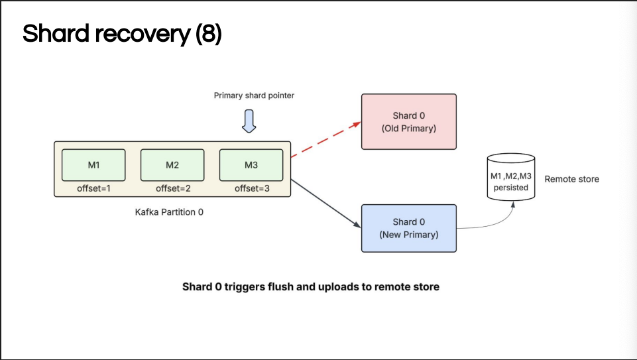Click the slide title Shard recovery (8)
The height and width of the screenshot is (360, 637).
(x=122, y=33)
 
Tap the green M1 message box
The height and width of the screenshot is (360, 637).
(x=93, y=165)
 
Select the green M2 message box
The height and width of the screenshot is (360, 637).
(x=172, y=165)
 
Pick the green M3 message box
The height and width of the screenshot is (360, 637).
(x=251, y=165)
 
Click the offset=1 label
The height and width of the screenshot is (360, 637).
(x=93, y=188)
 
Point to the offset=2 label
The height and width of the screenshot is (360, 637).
(x=173, y=188)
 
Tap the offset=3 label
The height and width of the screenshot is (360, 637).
(x=252, y=188)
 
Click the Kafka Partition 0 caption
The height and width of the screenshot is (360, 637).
(x=169, y=212)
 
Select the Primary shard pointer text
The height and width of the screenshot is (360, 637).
(x=254, y=95)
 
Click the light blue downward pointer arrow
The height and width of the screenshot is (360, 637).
(x=249, y=121)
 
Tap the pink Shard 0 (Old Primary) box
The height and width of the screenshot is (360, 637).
(x=409, y=122)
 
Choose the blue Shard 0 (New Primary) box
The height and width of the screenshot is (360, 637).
(x=409, y=228)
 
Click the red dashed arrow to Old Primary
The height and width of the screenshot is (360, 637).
(x=326, y=139)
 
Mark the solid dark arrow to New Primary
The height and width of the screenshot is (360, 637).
(x=326, y=204)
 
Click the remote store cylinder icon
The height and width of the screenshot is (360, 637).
(x=511, y=177)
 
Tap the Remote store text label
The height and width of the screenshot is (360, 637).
(x=571, y=179)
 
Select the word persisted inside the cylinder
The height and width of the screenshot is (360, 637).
(x=511, y=188)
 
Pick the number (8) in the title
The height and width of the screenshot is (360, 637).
(x=209, y=33)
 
